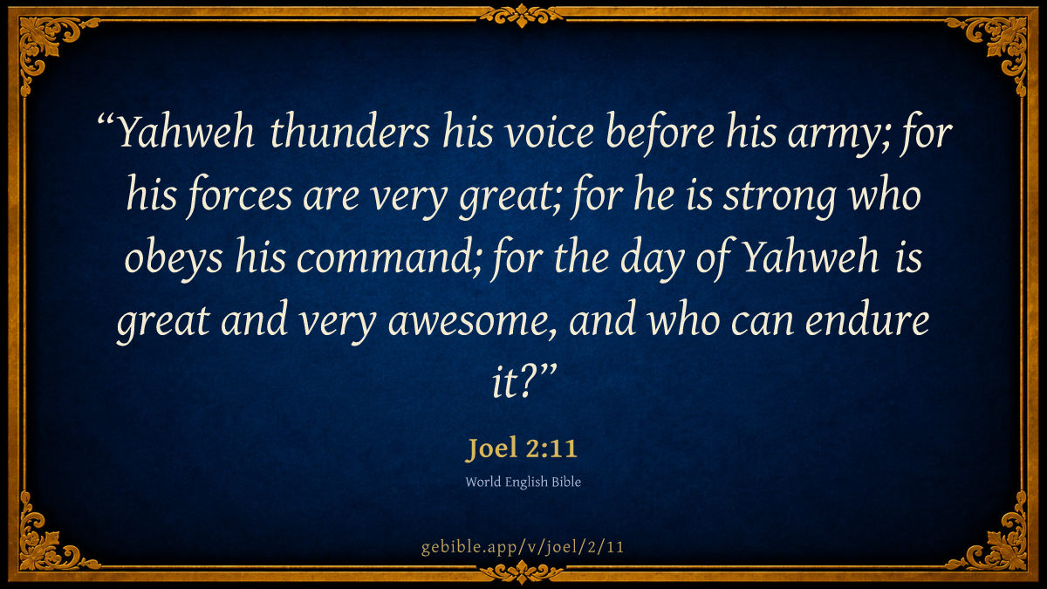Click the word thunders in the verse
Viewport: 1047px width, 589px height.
(x=349, y=132)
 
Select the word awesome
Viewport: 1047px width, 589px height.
(x=468, y=323)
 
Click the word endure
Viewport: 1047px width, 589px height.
(x=867, y=319)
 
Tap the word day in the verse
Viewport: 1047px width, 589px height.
(x=653, y=262)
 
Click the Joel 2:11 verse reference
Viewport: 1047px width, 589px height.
(x=522, y=448)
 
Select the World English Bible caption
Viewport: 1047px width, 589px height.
(x=523, y=482)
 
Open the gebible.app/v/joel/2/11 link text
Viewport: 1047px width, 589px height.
(x=522, y=547)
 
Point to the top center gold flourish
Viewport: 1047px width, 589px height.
(x=522, y=16)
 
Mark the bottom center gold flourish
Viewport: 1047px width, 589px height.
(x=522, y=572)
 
